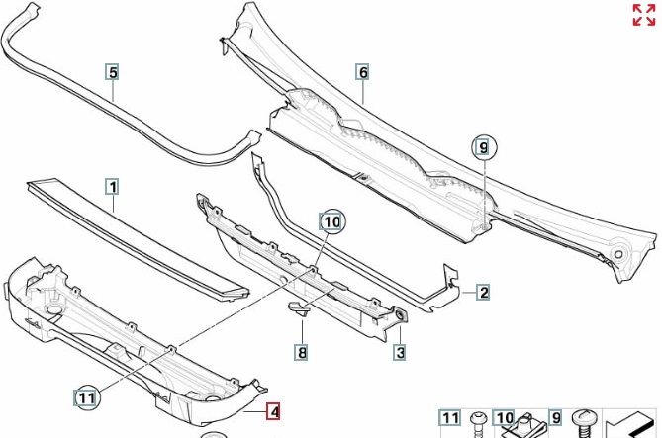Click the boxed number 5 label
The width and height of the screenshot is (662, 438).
tap(113, 72)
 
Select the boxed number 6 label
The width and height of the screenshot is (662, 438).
tap(363, 72)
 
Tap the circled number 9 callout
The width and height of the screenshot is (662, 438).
tap(482, 148)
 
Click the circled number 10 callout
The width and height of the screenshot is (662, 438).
tap(331, 222)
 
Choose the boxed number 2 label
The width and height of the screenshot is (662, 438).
tap(483, 292)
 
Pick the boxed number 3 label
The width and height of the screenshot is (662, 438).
tap(400, 351)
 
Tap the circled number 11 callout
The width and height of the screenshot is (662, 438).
tap(87, 397)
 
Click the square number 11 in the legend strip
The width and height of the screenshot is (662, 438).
tap(450, 419)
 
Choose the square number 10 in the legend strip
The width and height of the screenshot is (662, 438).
tap(504, 419)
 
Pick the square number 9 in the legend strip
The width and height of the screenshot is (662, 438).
tap(555, 419)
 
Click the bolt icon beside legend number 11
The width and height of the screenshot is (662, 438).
tap(478, 422)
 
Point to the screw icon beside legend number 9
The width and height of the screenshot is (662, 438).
tap(583, 422)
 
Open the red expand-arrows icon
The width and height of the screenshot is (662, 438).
tap(643, 15)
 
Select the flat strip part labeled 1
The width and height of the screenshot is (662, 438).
tap(139, 232)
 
